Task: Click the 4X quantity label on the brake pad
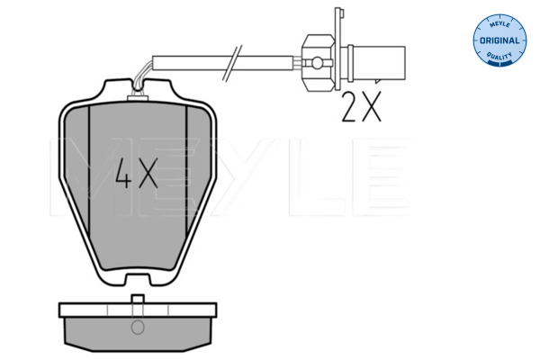[137, 174]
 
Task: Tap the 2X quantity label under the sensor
[361, 106]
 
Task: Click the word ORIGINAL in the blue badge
[499, 40]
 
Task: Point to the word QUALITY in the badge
[499, 56]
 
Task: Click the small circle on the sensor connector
[317, 63]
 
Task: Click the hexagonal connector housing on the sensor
[318, 62]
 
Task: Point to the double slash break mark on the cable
[232, 63]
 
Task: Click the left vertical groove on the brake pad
[89, 171]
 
